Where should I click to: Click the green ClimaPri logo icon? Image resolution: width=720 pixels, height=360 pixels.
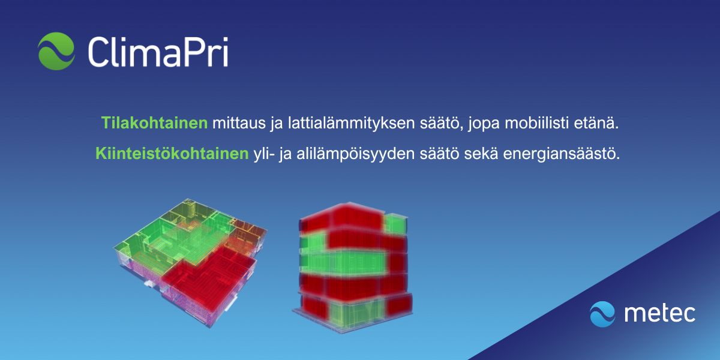[56, 51]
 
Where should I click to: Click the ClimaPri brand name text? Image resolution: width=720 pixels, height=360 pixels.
[158, 52]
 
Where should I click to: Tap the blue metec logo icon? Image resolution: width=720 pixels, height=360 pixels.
[602, 314]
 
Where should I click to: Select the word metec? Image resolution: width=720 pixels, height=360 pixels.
[659, 313]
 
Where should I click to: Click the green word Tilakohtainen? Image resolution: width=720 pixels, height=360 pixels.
[155, 123]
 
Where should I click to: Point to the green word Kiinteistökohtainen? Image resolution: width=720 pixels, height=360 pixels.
[172, 154]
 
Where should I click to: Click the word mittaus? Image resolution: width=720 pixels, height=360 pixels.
[239, 123]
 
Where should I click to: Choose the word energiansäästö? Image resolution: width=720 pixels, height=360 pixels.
[561, 154]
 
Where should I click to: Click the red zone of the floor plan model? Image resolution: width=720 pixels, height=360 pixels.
[209, 277]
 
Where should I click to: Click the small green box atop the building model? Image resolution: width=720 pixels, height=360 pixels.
[395, 224]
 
